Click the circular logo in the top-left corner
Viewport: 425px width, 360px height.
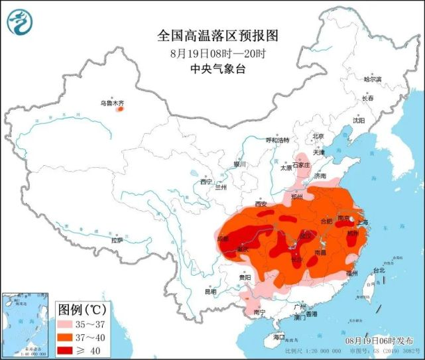point(20,23)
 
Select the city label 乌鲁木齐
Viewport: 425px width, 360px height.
point(112,103)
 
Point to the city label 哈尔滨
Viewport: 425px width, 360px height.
point(373,79)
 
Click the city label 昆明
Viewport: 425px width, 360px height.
point(210,291)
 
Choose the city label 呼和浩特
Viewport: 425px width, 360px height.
point(278,141)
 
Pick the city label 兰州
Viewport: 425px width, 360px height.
point(221,188)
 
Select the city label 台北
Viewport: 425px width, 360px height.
point(379,270)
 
